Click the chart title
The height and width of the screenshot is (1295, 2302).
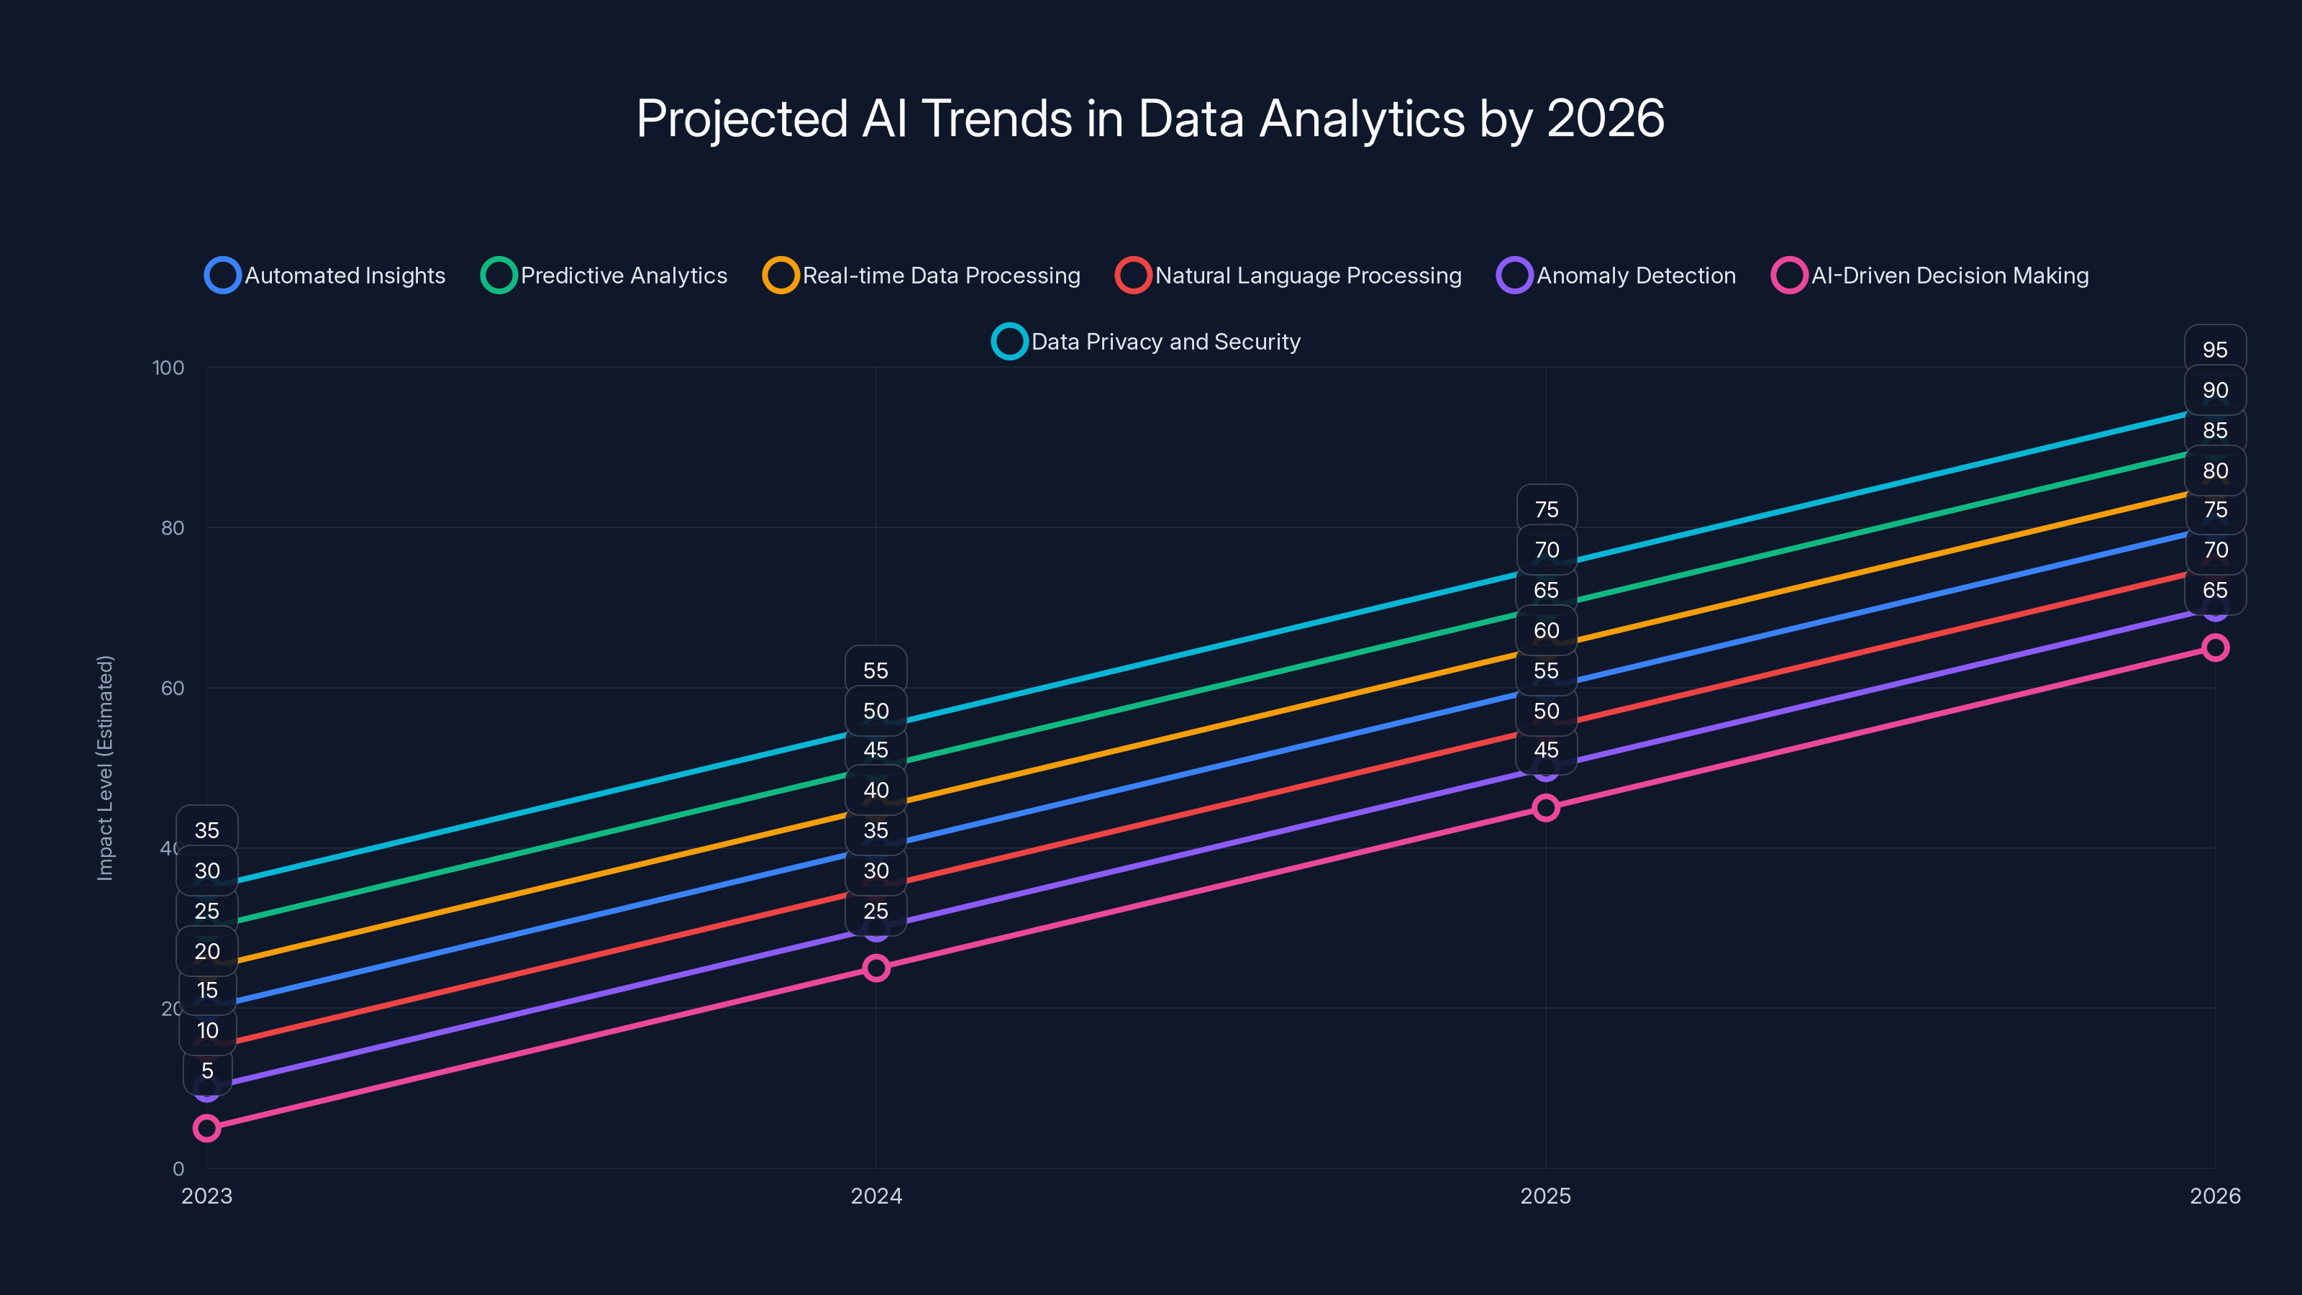coord(1150,119)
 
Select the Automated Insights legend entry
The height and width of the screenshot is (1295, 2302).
coord(326,276)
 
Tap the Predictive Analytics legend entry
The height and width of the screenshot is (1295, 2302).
coord(605,276)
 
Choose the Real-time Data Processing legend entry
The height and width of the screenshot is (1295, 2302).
coord(922,276)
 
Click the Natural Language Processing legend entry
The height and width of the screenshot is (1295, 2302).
coord(1288,276)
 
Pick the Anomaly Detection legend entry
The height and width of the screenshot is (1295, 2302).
coord(1616,276)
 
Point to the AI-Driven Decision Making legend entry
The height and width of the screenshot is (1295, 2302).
coord(1930,276)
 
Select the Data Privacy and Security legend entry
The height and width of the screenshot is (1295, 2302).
coord(1147,342)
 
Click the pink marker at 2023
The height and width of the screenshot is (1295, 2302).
coord(206,1128)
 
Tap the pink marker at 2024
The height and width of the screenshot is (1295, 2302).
coord(875,968)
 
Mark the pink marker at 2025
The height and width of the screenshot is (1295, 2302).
coord(1545,808)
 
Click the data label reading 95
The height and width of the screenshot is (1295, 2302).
coord(2214,350)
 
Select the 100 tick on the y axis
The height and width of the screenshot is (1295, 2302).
coord(168,368)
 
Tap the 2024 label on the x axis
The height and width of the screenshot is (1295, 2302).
coord(875,1196)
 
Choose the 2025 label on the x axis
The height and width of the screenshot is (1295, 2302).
coord(1545,1196)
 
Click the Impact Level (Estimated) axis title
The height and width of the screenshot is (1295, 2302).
coord(106,768)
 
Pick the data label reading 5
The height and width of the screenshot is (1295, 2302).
coord(207,1071)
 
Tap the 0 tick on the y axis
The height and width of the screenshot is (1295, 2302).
coord(178,1169)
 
